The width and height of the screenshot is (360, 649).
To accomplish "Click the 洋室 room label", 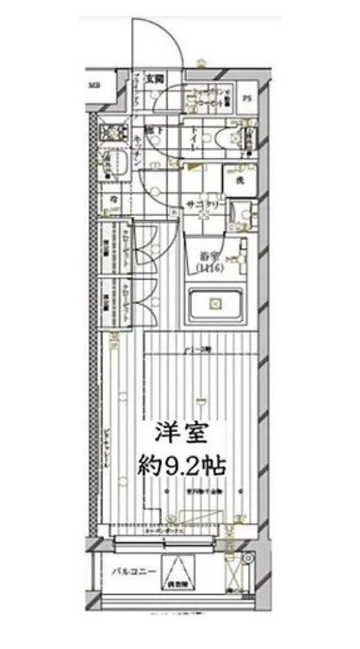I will (x=182, y=434).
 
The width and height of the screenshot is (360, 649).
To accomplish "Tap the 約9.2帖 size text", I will (x=182, y=467).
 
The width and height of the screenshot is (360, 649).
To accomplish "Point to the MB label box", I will (x=95, y=85).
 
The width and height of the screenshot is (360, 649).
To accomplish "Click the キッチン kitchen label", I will (x=139, y=145).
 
